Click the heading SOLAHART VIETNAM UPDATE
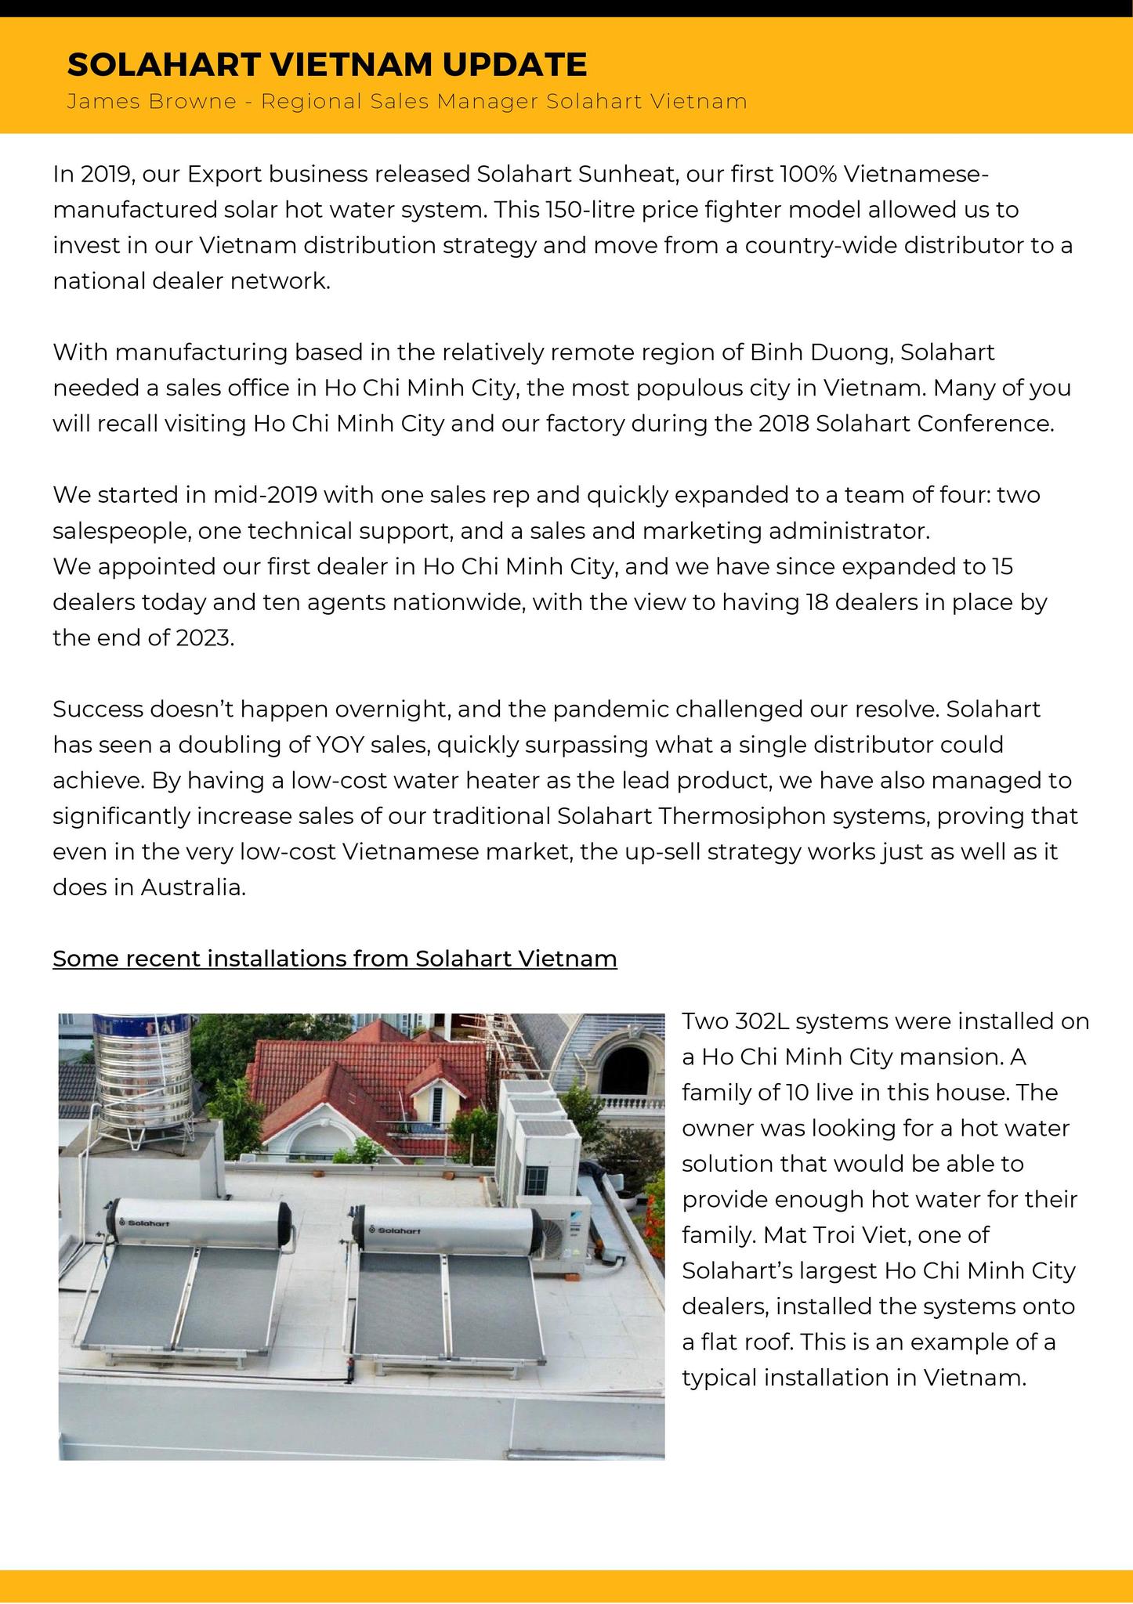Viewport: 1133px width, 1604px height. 327,64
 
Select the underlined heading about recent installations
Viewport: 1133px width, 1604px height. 335,959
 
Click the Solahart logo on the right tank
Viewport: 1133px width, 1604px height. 397,1230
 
